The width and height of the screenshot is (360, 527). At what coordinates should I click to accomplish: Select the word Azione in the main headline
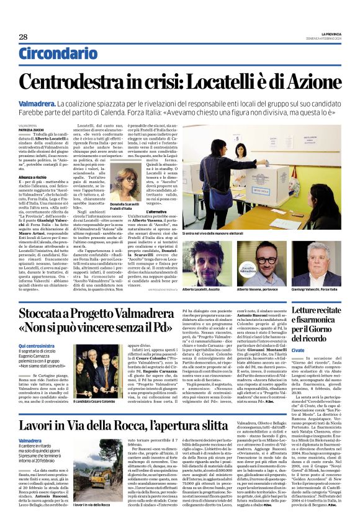(x=310, y=82)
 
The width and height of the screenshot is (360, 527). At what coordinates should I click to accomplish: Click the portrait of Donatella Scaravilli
(x=124, y=182)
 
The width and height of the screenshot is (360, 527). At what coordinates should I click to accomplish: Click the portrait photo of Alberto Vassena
(x=256, y=260)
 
